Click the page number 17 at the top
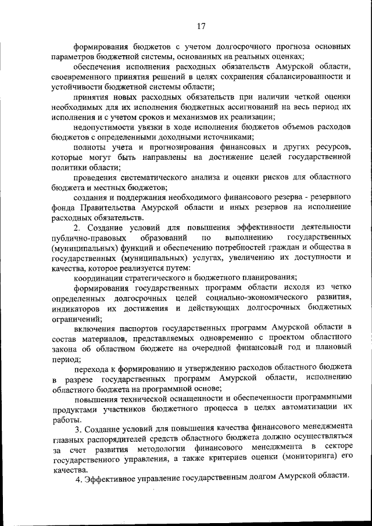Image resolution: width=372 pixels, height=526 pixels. pyautogui.click(x=201, y=26)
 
